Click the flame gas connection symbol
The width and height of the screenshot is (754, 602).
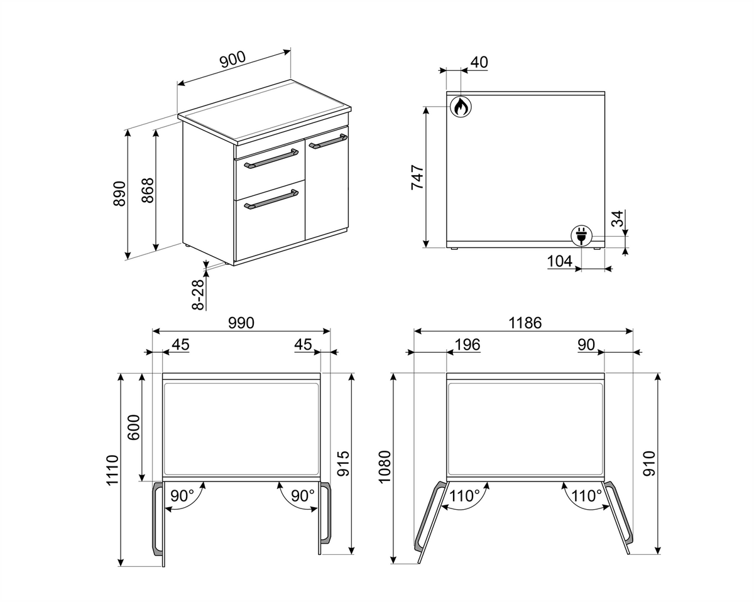[x=461, y=106]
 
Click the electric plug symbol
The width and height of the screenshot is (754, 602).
[x=581, y=235]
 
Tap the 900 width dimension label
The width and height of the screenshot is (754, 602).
[x=233, y=60]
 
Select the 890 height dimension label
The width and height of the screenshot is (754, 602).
[x=119, y=193]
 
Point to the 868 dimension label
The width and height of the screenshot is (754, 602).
[x=148, y=190]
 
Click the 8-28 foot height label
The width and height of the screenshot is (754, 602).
[x=199, y=294]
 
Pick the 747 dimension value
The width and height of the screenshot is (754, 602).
[x=418, y=178]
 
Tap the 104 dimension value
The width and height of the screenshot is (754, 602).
[x=560, y=261]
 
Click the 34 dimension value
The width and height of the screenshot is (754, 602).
[x=618, y=218]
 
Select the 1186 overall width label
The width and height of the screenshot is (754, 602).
[x=525, y=323]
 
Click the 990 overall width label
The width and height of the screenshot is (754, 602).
[x=241, y=323]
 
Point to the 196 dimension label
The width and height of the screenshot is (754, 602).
[x=467, y=345]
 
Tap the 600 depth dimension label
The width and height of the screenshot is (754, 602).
[x=134, y=427]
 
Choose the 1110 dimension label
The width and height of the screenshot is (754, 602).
[x=112, y=470]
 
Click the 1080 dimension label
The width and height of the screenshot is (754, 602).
[x=385, y=467]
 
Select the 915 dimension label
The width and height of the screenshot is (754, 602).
[x=343, y=464]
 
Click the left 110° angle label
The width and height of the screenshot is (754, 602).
[x=464, y=496]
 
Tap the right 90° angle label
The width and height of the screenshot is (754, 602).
[x=303, y=496]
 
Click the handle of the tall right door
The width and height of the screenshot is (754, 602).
[x=327, y=141]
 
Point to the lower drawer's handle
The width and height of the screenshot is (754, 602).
[x=271, y=200]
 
